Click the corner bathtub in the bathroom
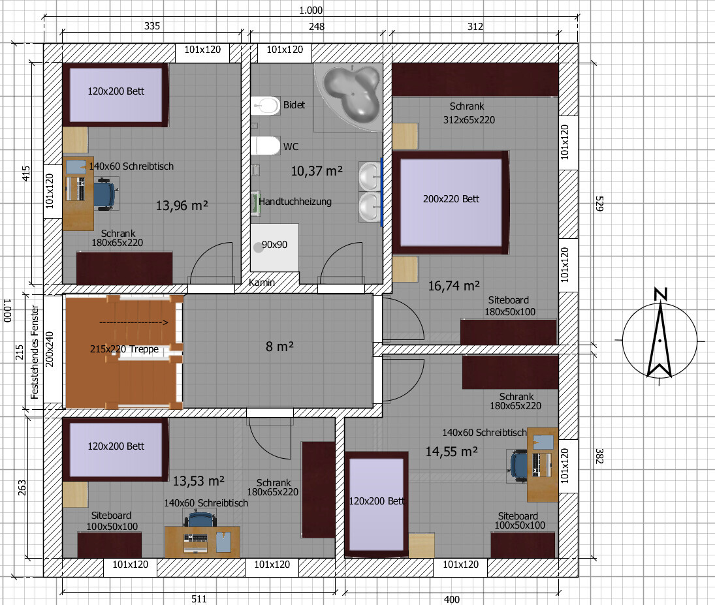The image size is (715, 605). pos(351,93)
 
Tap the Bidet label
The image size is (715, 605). pos(294,105)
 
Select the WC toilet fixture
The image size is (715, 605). pos(265,146)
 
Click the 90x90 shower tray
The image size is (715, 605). pos(274,247)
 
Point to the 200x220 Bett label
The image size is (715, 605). pos(451,199)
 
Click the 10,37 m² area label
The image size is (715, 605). pos(317,171)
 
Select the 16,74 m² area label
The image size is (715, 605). pos(454,286)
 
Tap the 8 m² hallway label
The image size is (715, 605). pos(279,347)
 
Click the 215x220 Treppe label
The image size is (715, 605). pos(125,349)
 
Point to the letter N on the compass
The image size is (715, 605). pos(661,294)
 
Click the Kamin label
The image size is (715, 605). pos(262,283)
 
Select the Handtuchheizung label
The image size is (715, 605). pos(295,202)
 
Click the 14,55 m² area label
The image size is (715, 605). pos(451,452)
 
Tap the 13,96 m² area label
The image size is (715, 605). pos(182,206)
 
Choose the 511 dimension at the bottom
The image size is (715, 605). pos(199,599)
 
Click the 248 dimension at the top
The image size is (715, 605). pos(317,27)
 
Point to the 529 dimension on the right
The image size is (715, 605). pos(599,204)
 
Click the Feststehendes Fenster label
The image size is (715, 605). pos(35,352)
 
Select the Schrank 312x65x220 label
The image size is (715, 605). pos(468,113)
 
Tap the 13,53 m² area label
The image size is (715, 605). pos(199,481)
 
